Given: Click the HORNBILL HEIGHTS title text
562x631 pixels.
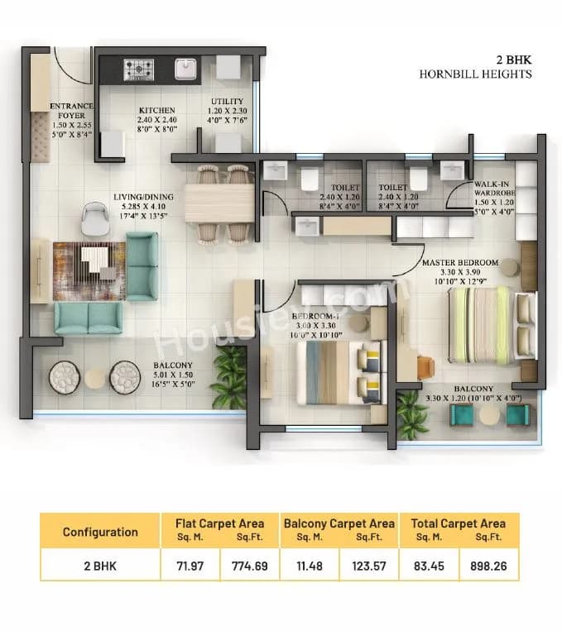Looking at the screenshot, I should pyautogui.click(x=475, y=74).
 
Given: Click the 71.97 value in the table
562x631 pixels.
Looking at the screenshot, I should pyautogui.click(x=190, y=566).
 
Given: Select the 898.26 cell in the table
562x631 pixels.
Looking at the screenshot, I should pyautogui.click(x=489, y=566).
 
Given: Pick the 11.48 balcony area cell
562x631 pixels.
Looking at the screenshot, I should pyautogui.click(x=310, y=566).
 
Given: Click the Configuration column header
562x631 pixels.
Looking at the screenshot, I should pyautogui.click(x=100, y=532).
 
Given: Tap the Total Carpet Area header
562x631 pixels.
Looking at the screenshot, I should pyautogui.click(x=459, y=523).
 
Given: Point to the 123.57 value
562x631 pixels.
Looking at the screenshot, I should pyautogui.click(x=368, y=566).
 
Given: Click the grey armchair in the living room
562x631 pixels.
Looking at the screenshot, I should pyautogui.click(x=95, y=218).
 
